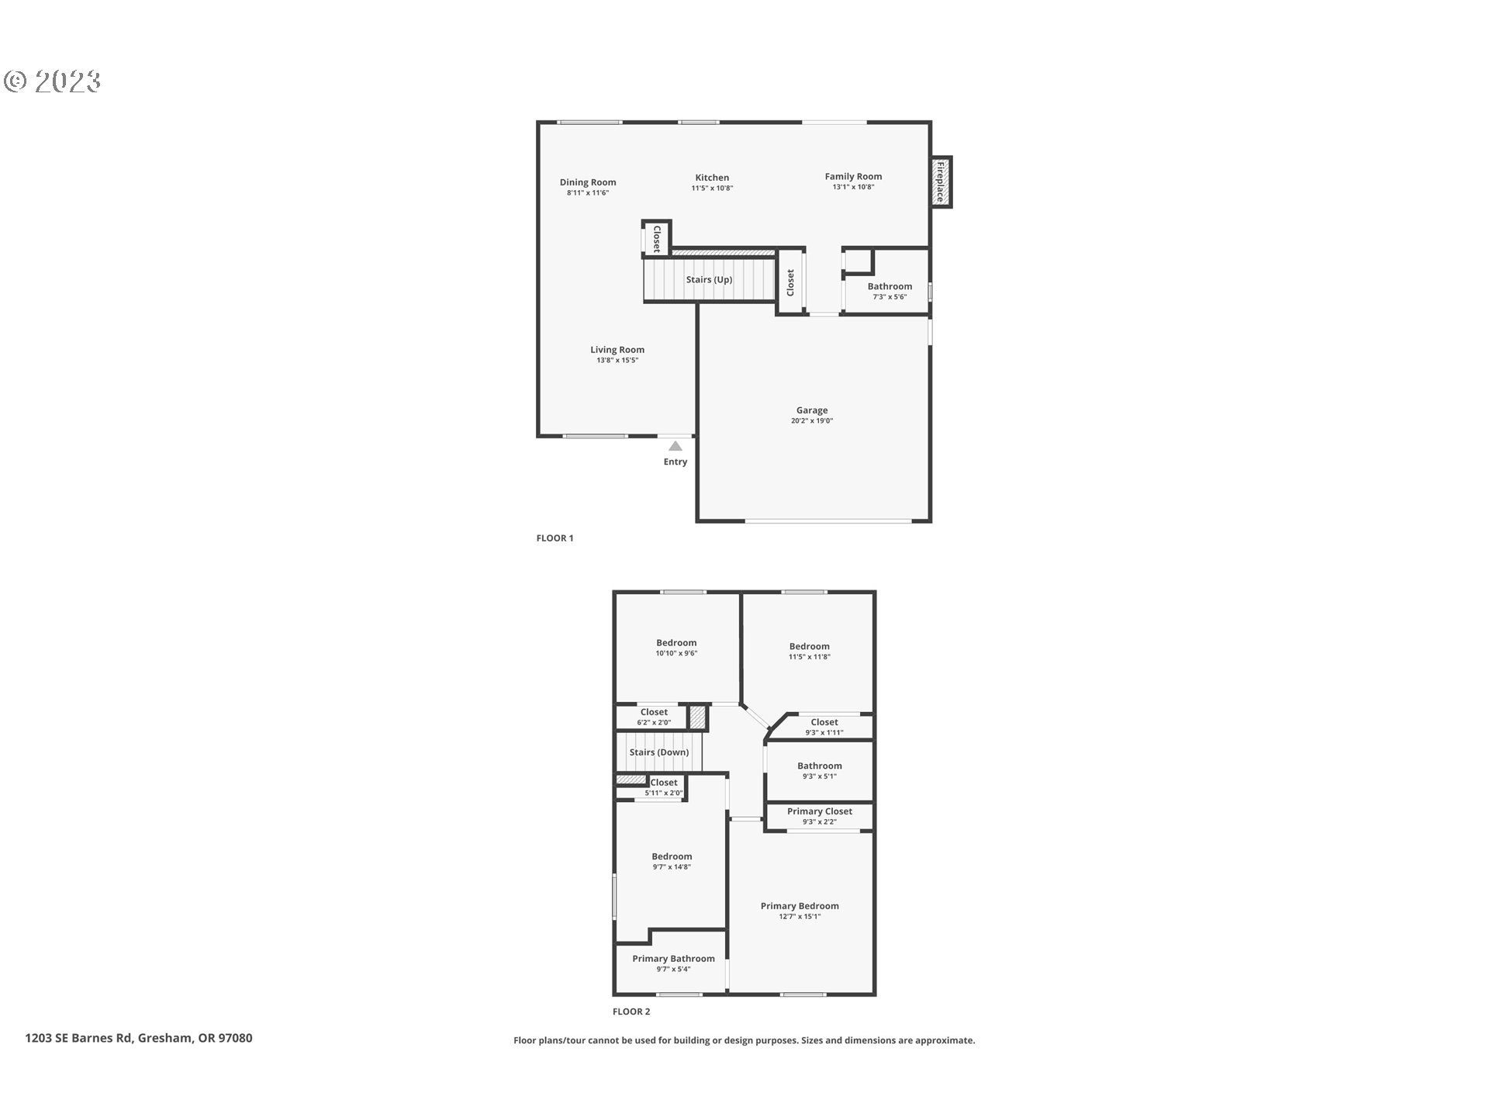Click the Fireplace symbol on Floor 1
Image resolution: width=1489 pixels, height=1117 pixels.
tap(941, 182)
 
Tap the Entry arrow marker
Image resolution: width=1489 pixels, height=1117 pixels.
tap(675, 446)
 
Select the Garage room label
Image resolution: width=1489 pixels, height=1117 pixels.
tap(812, 410)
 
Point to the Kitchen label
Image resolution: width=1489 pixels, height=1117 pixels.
tap(712, 178)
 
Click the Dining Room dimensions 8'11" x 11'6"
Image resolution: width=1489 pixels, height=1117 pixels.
tap(588, 192)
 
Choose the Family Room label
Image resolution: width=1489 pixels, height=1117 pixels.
tap(853, 176)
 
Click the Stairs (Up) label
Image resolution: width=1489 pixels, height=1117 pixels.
tap(709, 279)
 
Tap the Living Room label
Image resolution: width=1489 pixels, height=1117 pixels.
tap(617, 350)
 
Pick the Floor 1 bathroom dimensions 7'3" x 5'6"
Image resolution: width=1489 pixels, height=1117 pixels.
tap(890, 296)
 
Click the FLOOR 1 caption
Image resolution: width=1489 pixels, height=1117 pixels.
tap(554, 538)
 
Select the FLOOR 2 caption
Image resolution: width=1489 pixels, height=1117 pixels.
tap(631, 1012)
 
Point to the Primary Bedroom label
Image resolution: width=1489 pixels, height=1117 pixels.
tap(800, 906)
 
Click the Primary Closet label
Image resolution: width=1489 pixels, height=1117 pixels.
tap(820, 811)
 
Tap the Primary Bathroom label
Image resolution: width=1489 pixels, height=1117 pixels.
tap(673, 959)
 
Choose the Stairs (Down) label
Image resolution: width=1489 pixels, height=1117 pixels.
tap(659, 752)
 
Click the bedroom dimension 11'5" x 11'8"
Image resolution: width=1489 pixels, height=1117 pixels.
tap(810, 656)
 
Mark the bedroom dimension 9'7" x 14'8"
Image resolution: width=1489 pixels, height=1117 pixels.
tap(672, 866)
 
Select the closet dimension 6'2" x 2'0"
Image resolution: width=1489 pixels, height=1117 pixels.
tap(654, 722)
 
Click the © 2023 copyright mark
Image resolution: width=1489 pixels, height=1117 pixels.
tap(53, 81)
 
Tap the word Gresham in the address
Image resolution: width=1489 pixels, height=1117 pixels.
tap(165, 1038)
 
